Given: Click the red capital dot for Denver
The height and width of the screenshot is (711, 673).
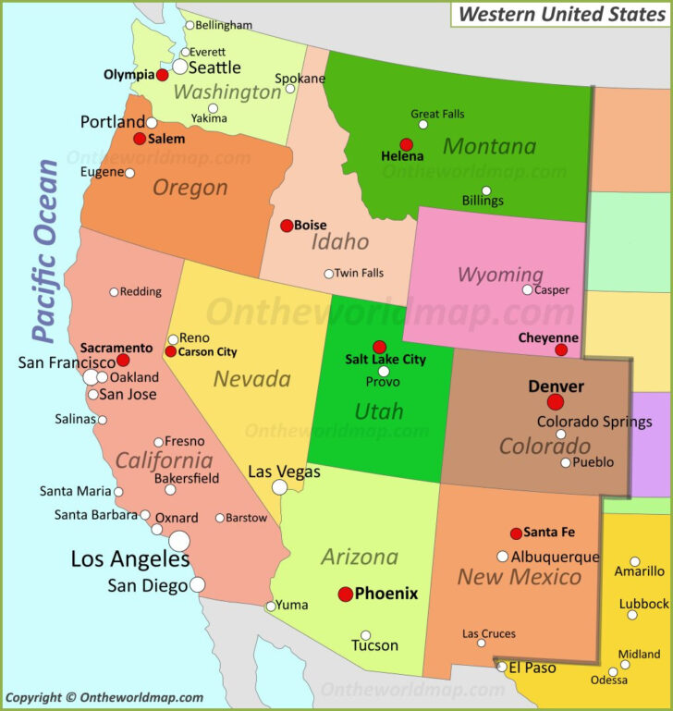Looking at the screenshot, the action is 555,402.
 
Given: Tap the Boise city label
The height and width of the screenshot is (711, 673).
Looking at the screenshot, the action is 311,225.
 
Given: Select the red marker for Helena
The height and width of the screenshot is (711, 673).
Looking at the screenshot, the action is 406,144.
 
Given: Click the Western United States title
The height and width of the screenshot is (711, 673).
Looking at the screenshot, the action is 561,14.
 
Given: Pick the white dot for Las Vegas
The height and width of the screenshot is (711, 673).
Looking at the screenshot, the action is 279,487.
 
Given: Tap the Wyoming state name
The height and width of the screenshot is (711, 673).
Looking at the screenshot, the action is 500,275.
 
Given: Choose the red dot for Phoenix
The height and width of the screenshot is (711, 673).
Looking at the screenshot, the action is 346,595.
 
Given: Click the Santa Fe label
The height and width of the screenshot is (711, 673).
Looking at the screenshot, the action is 549,533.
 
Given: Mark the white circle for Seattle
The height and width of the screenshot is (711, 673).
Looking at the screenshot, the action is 180,67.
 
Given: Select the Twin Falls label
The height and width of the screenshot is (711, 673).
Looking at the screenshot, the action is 359,273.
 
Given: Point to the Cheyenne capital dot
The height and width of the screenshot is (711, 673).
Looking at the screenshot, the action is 561,349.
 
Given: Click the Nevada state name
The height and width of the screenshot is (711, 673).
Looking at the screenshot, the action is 252,378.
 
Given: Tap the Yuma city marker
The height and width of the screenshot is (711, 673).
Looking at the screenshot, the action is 270,607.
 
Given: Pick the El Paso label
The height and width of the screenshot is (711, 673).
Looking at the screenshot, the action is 531,666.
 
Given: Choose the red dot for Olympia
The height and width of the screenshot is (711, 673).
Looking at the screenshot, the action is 162,75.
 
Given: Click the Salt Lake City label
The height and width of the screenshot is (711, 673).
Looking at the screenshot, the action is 385,360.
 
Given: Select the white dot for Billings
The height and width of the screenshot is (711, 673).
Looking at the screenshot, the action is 486,191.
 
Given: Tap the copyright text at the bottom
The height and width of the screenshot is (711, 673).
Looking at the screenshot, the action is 104,698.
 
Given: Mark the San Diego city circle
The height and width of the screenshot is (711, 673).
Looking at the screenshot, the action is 198,584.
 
